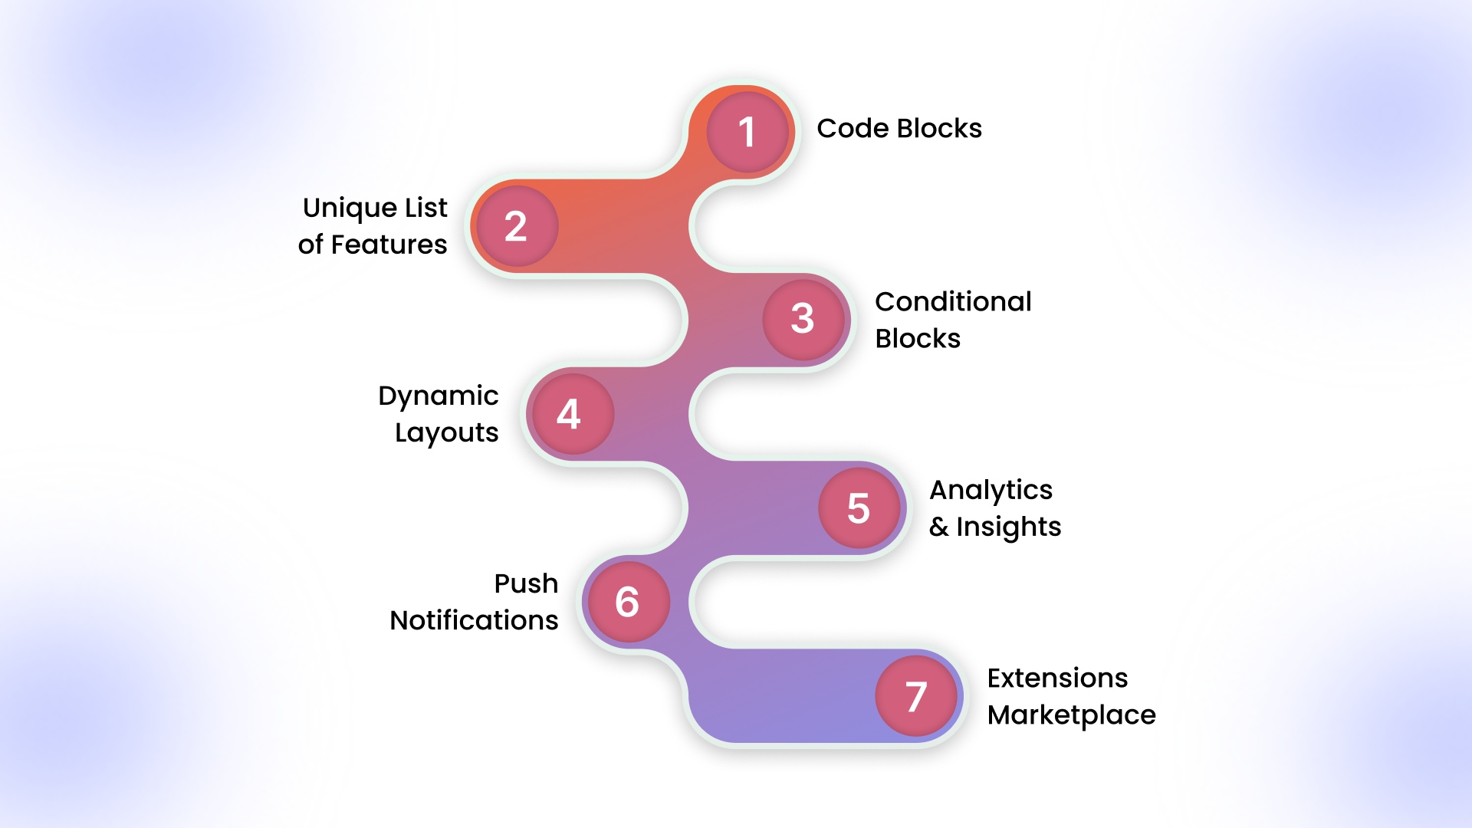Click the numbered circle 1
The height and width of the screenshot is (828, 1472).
pyautogui.click(x=747, y=132)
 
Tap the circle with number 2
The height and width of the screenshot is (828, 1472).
pyautogui.click(x=517, y=226)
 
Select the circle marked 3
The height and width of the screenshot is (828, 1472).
pyautogui.click(x=803, y=319)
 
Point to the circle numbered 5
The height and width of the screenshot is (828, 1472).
pyautogui.click(x=859, y=508)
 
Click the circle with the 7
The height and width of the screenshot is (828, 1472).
pyautogui.click(x=916, y=696)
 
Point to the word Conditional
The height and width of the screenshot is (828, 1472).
pyautogui.click(x=953, y=302)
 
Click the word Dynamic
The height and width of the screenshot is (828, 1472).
pyautogui.click(x=438, y=396)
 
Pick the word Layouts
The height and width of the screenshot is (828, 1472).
pyautogui.click(x=446, y=433)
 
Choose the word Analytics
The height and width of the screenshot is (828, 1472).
pyautogui.click(x=991, y=491)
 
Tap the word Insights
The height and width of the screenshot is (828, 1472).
pyautogui.click(x=1008, y=527)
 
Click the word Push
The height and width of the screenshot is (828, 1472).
pyautogui.click(x=526, y=584)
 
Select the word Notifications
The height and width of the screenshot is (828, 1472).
pyautogui.click(x=474, y=621)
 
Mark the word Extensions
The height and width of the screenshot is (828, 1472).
pyautogui.click(x=1057, y=678)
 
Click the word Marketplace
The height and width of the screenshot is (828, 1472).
pyautogui.click(x=1071, y=715)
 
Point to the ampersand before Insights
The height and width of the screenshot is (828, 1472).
pyautogui.click(x=938, y=527)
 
